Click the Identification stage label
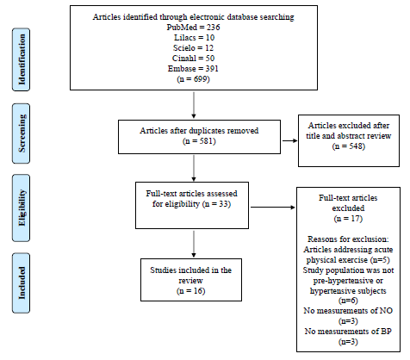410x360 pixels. (22, 59)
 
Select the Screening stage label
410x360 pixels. (22, 133)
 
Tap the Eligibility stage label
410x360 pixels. (22, 208)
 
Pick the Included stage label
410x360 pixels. (22, 283)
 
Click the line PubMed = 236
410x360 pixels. (193, 28)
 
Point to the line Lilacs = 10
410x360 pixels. (194, 38)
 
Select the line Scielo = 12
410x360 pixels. (193, 48)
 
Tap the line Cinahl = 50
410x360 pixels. (193, 59)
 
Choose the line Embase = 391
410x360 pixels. (193, 69)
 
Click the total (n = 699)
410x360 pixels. (193, 79)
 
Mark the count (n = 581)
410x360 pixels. (199, 141)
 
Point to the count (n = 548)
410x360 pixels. (349, 146)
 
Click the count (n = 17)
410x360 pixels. (348, 219)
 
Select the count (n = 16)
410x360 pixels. (191, 291)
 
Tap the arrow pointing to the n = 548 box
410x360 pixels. (290, 140)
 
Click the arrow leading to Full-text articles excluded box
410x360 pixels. (273, 207)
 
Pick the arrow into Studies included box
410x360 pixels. (194, 244)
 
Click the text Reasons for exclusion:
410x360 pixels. (348, 239)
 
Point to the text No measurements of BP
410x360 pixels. (348, 332)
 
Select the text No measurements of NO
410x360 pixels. (348, 311)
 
